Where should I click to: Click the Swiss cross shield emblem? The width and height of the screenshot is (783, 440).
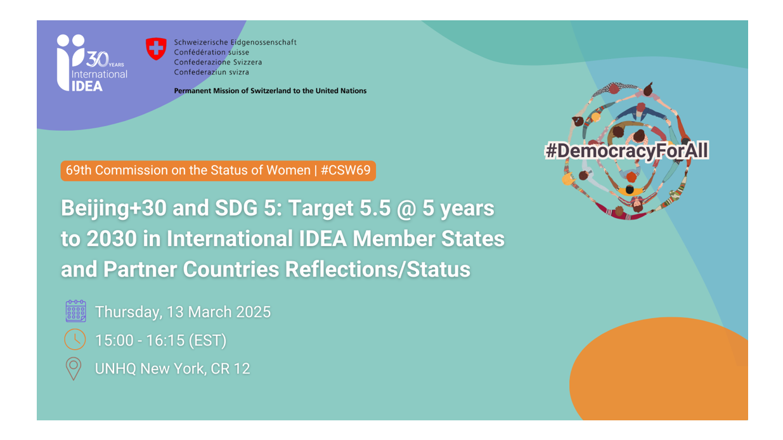pyautogui.click(x=156, y=49)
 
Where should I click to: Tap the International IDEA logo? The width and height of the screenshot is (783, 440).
pyautogui.click(x=91, y=64)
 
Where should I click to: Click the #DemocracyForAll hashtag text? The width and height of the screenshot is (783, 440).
pyautogui.click(x=626, y=151)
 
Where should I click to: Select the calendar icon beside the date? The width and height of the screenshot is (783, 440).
pyautogui.click(x=75, y=311)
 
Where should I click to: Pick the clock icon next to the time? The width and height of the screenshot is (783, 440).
pyautogui.click(x=75, y=340)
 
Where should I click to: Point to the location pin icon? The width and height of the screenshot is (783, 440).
pyautogui.click(x=74, y=368)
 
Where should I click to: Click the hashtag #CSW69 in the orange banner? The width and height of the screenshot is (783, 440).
pyautogui.click(x=346, y=171)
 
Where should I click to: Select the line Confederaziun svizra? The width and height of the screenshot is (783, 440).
pyautogui.click(x=211, y=72)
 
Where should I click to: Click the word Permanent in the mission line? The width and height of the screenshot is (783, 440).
pyautogui.click(x=191, y=91)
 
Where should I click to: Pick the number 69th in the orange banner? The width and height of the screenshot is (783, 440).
pyautogui.click(x=79, y=171)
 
